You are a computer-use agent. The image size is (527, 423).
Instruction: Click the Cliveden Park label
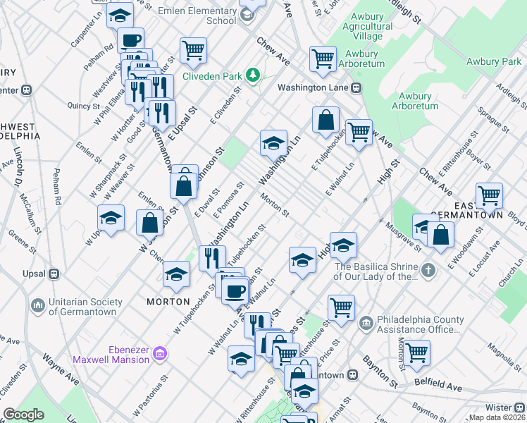pyautogui.click(x=211, y=76)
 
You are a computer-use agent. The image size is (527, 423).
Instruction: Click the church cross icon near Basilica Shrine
pyautogui.click(x=428, y=270)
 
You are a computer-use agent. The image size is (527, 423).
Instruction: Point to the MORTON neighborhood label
pyautogui.click(x=168, y=302)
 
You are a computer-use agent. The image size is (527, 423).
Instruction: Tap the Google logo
pyautogui.click(x=23, y=415)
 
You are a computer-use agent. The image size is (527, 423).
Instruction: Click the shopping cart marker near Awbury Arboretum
pyautogui.click(x=323, y=59)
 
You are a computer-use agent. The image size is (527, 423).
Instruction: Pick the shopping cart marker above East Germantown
pyautogui.click(x=488, y=195)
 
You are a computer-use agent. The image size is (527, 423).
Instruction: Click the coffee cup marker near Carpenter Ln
pyautogui.click(x=130, y=41)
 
